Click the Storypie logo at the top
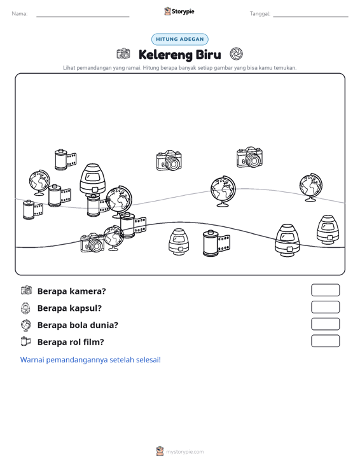click(179, 11)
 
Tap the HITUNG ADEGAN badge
click(179, 39)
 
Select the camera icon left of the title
click(123, 54)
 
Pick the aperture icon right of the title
click(236, 54)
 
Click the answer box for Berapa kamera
click(325, 290)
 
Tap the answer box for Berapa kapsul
click(325, 307)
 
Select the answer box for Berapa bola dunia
click(325, 324)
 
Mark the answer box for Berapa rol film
click(325, 341)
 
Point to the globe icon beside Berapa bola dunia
click(26, 325)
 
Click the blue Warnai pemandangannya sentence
click(90, 360)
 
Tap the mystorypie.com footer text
click(184, 452)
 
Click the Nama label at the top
click(20, 14)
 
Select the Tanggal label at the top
click(260, 14)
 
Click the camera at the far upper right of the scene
click(250, 157)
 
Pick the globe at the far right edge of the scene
click(310, 188)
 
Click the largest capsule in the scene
click(93, 179)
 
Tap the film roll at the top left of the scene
click(65, 160)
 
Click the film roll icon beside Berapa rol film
click(25, 341)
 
